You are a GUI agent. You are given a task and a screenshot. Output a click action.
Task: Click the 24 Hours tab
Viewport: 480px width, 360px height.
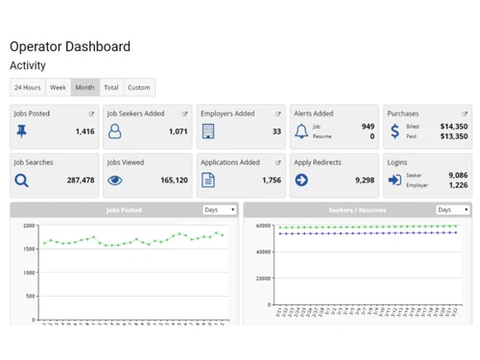tap(27, 87)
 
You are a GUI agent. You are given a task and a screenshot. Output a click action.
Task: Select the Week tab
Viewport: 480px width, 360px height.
tap(58, 87)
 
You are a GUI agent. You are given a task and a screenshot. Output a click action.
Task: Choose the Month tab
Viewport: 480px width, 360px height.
tap(84, 87)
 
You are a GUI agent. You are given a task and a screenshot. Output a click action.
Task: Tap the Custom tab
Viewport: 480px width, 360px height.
tap(139, 87)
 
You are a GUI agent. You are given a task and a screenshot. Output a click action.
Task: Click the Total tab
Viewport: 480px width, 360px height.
tap(111, 87)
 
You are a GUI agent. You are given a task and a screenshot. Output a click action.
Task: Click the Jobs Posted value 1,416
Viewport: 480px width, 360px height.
tap(84, 132)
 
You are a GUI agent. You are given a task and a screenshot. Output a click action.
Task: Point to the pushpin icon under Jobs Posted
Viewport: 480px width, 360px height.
tap(22, 132)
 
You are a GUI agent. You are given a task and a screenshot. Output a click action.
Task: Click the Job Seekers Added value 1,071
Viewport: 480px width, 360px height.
tap(178, 132)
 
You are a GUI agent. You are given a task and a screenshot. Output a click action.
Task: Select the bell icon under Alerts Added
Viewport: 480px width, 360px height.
tap(301, 132)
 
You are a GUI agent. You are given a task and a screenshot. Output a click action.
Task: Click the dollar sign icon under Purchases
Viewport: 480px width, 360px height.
tap(395, 132)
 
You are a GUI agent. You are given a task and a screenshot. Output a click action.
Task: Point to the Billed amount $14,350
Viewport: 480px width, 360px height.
tap(453, 126)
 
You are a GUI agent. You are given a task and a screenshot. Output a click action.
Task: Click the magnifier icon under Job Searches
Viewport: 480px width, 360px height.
tap(22, 180)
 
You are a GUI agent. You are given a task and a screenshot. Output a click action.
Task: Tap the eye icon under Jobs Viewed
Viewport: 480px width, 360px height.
tap(115, 180)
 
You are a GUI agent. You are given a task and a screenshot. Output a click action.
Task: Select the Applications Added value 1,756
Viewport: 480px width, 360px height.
tap(272, 180)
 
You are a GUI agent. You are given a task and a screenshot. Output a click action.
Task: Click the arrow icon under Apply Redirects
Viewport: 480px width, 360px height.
tap(301, 180)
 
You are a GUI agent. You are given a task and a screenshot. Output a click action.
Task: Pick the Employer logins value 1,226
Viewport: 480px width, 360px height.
tap(458, 184)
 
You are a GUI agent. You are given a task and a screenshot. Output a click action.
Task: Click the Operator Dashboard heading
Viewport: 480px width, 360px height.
tap(70, 46)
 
